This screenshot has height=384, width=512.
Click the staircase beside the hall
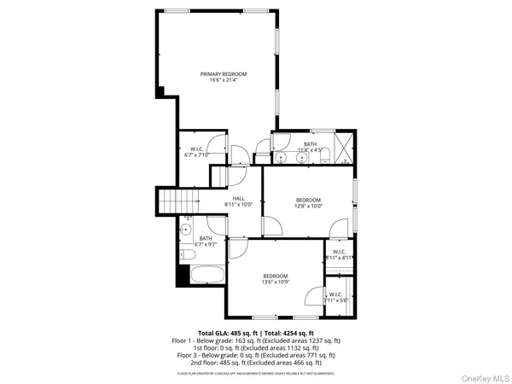[178, 203]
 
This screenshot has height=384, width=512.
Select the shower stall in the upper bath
[340, 145]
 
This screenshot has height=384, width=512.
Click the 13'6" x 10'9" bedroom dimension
[275, 282]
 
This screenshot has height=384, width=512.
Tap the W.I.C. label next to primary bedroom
[195, 149]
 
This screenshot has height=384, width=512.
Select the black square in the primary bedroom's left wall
[160, 91]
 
